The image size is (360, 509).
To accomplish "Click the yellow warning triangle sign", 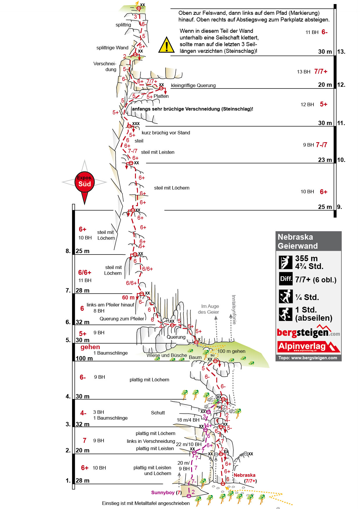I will (166, 45).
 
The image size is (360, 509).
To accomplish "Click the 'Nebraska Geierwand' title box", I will (308, 241).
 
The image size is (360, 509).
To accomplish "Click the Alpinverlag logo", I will (308, 346).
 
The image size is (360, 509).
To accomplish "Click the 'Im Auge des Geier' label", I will (208, 309).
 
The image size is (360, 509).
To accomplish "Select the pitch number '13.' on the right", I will (341, 52).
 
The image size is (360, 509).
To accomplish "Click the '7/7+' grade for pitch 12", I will (321, 71).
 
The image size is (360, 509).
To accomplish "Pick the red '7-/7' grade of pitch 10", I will (321, 145).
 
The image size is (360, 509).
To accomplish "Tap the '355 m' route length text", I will (306, 258).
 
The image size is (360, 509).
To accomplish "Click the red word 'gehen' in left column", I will (90, 347).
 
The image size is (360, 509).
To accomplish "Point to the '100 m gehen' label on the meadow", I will (231, 351).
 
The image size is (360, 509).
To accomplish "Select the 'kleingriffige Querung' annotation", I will (193, 85).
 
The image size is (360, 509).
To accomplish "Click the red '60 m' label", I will (128, 297).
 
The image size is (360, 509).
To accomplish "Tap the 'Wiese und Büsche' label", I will (167, 355).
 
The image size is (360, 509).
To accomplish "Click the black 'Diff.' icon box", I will (286, 279).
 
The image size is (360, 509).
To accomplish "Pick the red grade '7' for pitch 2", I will (84, 441).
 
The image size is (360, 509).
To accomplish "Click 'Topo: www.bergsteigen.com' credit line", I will (308, 358).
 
